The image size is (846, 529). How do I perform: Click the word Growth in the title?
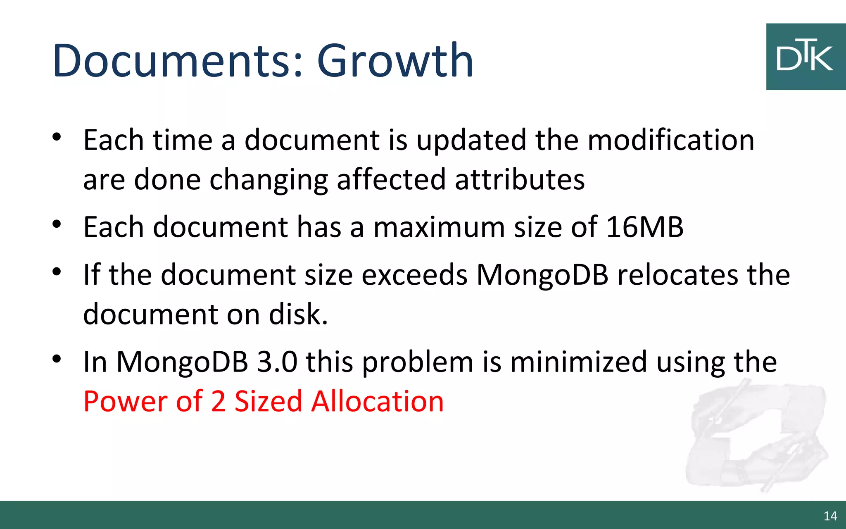coord(395,61)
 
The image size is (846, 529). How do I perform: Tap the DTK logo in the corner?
coord(805,57)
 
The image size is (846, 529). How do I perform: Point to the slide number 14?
coord(830,516)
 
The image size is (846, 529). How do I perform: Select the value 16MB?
coord(645,227)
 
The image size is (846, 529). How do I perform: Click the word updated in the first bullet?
coord(471,140)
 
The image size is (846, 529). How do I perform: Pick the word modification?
coord(671,140)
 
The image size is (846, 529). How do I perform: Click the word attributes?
coord(520,180)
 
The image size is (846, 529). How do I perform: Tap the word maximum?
coord(439,227)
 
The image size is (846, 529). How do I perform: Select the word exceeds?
coord(415,275)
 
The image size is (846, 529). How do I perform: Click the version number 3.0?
coord(277,362)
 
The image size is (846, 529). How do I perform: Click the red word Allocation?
coord(377,401)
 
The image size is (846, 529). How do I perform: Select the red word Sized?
coord(269,401)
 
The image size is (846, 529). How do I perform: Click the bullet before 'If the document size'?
coord(57,272)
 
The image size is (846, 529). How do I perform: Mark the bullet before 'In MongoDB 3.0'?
coord(57,359)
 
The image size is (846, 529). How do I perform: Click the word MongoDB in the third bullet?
coord(542,275)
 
